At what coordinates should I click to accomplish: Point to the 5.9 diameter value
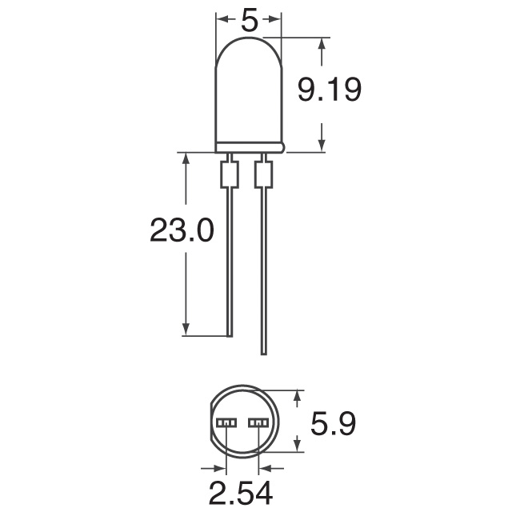(334, 422)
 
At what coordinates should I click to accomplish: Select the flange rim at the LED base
(250, 147)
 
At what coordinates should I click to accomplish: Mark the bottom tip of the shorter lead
(229, 334)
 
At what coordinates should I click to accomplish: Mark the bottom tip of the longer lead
(262, 353)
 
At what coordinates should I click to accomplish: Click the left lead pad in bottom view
(226, 422)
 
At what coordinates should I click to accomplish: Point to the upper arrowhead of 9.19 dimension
(322, 44)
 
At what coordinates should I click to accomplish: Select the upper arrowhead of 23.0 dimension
(186, 158)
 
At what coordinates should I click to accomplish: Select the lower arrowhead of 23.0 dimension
(186, 329)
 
